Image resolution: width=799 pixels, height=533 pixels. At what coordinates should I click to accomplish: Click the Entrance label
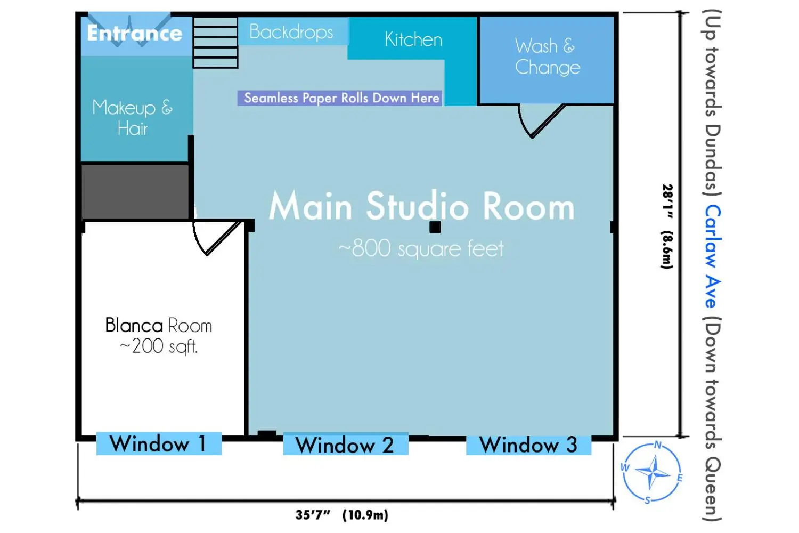[134, 33]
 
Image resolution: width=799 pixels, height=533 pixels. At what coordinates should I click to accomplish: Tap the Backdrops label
[291, 32]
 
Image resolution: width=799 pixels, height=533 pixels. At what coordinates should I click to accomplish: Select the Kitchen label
[413, 39]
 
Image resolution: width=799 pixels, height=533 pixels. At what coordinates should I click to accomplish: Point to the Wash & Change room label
[548, 56]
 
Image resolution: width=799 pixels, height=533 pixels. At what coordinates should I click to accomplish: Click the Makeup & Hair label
[132, 117]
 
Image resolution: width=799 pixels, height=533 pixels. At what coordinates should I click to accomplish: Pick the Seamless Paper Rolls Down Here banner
[340, 98]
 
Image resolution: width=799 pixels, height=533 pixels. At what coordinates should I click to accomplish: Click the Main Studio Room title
[422, 206]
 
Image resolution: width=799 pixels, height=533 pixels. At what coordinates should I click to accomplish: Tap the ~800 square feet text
[421, 248]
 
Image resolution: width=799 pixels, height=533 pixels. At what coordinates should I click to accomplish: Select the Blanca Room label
[158, 325]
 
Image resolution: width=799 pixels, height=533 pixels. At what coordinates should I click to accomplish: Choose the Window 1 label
[159, 443]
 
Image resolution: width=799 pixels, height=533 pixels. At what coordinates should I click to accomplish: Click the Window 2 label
[346, 445]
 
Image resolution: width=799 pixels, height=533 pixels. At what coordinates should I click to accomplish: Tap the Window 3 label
[528, 445]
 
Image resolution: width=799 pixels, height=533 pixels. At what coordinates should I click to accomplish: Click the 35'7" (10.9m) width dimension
[342, 515]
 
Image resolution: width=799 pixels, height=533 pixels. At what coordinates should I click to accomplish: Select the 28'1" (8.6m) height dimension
[667, 227]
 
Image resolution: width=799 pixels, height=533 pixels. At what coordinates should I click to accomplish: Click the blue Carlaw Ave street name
[713, 256]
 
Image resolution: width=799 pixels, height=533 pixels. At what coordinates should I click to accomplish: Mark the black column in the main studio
[435, 227]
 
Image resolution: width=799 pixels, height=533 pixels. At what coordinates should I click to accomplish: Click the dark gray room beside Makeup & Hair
[135, 191]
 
